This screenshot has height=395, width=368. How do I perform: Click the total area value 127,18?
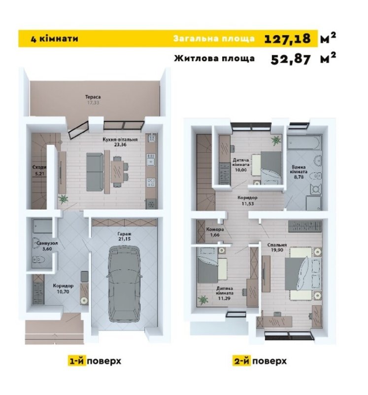coord(287,38)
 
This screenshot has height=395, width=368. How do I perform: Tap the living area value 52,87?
coord(291,59)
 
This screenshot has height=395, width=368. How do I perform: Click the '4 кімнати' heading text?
coord(54,39)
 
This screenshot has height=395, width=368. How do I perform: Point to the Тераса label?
coord(93,97)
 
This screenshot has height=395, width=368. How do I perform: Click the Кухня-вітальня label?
coord(120,139)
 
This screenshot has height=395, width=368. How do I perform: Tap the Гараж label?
coord(124,234)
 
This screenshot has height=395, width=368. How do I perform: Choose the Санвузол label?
coord(47,243)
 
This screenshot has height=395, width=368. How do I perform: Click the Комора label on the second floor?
coord(215,229)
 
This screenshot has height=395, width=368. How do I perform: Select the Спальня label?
coord(277,245)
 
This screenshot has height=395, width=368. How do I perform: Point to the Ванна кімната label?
coord(299,169)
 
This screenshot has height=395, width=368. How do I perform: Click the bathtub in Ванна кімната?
coord(304,143)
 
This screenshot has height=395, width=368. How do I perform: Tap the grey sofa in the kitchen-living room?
coord(95,172)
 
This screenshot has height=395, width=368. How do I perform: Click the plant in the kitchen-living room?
coord(63,199)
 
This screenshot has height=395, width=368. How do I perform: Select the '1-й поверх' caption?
coord(95,361)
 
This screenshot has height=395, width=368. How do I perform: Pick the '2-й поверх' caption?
coord(259,361)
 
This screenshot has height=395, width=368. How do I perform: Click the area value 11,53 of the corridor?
coord(248,204)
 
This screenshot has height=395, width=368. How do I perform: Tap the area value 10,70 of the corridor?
coord(63,292)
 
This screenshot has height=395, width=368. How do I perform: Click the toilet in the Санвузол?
coord(38,259)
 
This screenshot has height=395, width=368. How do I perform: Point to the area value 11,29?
coord(225,298)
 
